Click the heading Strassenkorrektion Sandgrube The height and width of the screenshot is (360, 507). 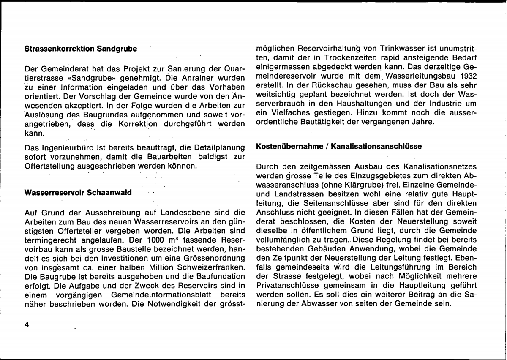pos(81,49)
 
